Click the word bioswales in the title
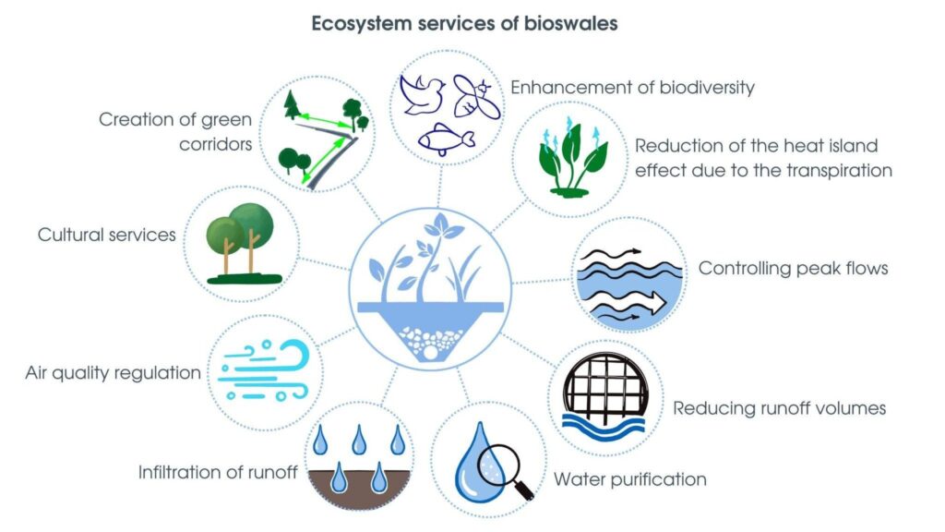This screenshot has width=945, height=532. [570, 23]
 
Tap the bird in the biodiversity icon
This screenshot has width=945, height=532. [422, 94]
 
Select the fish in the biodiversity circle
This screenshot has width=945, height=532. [445, 139]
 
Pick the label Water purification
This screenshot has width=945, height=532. [629, 479]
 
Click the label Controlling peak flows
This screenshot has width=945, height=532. [793, 268]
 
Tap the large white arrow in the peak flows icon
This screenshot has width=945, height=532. [627, 299]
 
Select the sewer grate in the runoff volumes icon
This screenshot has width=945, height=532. [605, 385]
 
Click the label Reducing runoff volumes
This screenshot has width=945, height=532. [779, 408]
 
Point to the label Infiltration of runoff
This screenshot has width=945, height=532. [218, 472]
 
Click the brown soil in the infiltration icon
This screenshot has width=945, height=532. [360, 489]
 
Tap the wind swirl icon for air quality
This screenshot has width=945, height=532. [264, 371]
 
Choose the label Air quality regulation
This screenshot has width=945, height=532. [113, 373]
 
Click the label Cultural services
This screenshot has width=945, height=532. [107, 234]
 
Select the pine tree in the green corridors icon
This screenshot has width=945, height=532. [292, 104]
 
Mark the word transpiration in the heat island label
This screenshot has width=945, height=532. [838, 171]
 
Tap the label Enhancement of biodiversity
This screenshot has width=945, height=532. [632, 88]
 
